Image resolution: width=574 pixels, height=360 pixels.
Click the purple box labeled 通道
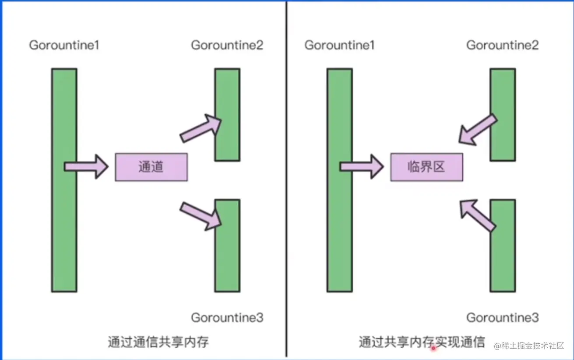click(151, 167)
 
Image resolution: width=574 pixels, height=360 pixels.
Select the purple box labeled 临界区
click(426, 167)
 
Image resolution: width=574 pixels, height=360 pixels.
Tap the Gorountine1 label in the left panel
click(64, 45)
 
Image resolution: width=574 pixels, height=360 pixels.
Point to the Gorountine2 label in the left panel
click(227, 45)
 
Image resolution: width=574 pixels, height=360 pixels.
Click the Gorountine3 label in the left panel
click(227, 318)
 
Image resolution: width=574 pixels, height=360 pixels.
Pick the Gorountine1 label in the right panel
click(339, 45)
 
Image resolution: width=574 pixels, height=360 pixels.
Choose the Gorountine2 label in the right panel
click(502, 45)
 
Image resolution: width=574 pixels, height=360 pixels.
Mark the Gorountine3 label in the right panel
click(502, 318)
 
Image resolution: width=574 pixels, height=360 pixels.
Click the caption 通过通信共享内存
click(158, 342)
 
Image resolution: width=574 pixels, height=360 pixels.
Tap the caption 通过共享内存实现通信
click(422, 342)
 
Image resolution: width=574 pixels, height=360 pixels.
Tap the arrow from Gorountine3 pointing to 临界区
click(478, 215)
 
